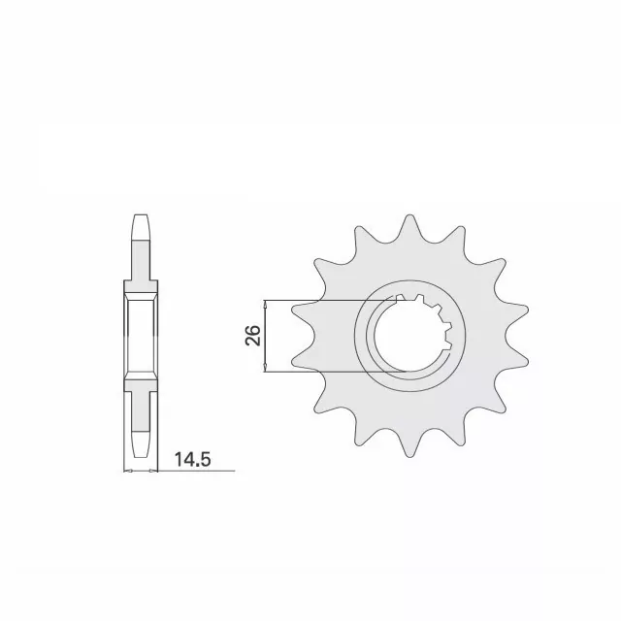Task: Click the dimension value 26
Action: coord(252,336)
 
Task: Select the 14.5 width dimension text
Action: coord(192,459)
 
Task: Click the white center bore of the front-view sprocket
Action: coord(408,336)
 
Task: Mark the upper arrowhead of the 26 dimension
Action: coord(265,304)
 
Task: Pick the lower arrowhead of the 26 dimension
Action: coord(265,367)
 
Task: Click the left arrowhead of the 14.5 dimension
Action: coord(128,471)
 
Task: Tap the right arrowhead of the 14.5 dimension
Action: coord(153,471)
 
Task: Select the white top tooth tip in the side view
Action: coord(141,228)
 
